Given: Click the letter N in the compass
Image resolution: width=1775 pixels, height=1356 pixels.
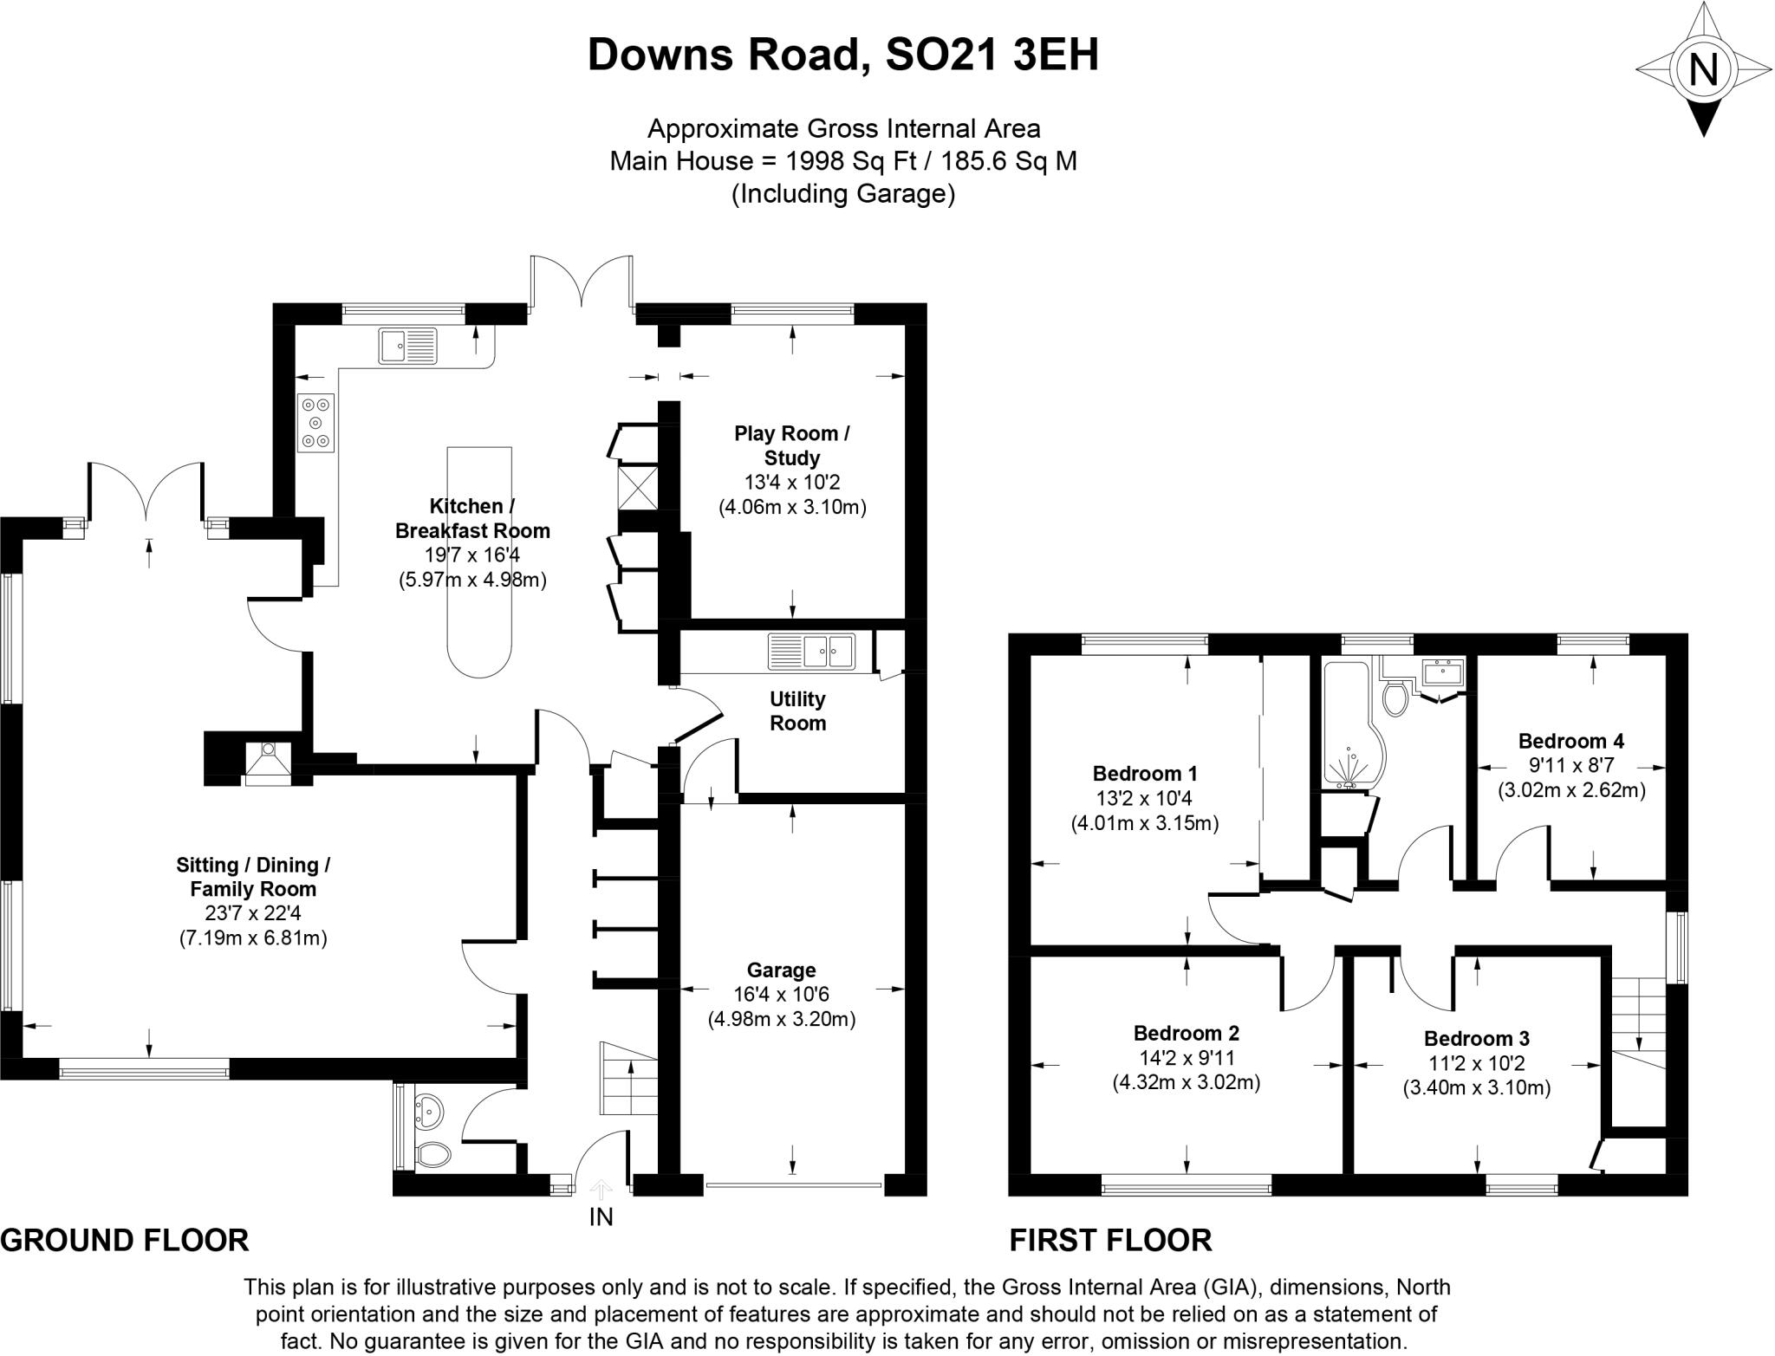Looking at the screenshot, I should click(1704, 68).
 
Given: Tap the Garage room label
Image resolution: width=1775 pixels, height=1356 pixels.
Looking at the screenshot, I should click(781, 970).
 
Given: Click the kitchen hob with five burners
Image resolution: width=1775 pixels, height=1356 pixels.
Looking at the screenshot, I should click(315, 423).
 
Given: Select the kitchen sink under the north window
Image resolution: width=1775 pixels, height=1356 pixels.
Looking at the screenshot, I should click(407, 346).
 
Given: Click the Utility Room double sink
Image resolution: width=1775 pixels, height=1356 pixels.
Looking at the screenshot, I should click(811, 651).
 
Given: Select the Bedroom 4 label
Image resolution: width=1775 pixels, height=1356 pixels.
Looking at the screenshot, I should click(1570, 741).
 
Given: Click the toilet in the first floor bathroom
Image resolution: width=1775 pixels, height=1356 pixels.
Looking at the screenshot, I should click(1395, 698).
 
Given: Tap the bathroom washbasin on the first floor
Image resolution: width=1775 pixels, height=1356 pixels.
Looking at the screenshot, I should click(1443, 672).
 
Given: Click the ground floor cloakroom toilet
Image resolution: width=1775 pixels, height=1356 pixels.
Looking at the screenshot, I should click(432, 1153).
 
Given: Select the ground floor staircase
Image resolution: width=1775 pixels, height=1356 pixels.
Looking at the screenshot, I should click(627, 1079).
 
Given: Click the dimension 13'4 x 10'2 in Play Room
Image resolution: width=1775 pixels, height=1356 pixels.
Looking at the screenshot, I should click(791, 483).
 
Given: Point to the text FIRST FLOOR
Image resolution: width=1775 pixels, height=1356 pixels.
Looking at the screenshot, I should click(1110, 1240).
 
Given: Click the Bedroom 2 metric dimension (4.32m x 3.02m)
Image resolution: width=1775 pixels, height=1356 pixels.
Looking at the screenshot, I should click(1186, 1082).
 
